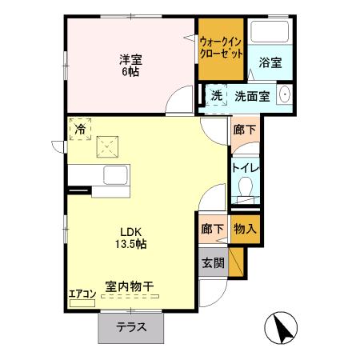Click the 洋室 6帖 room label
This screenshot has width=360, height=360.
point(130,65)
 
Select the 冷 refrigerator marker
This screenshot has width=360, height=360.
point(80,127)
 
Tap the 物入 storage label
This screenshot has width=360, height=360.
point(245,228)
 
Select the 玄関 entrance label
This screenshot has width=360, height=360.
point(213,262)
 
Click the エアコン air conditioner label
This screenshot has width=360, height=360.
point(82,293)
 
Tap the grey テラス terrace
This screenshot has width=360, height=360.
point(131,326)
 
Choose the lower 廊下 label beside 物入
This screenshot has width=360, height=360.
point(211,228)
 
